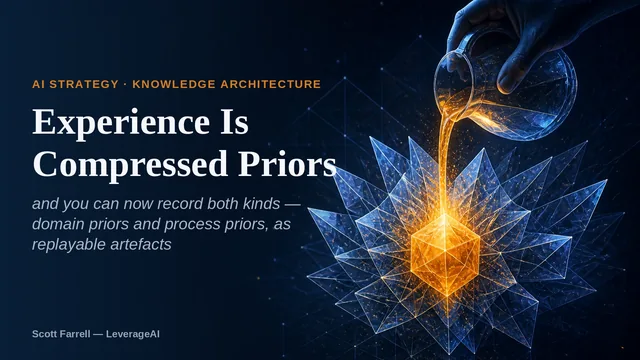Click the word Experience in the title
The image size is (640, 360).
(121, 123)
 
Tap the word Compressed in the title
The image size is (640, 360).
(130, 164)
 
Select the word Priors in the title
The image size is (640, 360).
(287, 164)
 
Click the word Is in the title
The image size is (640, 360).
(234, 122)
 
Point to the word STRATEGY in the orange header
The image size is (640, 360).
(84, 84)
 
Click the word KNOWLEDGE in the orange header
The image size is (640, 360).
(174, 84)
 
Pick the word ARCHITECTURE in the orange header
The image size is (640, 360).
(271, 84)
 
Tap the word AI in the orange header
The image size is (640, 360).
(38, 84)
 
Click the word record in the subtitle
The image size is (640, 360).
(181, 203)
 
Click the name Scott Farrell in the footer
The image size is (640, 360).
(61, 334)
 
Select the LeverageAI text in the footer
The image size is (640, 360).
(133, 334)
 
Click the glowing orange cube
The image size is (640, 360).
(444, 255)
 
